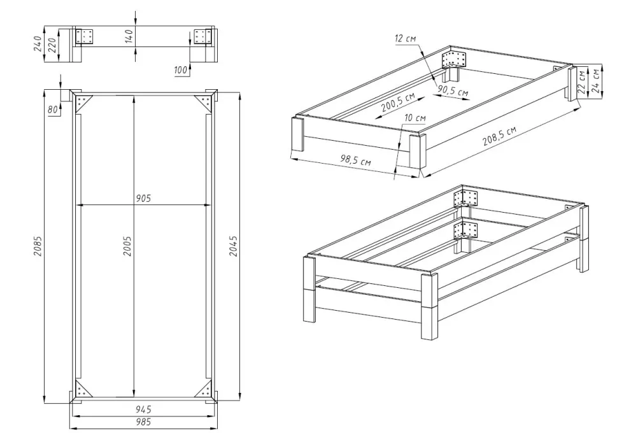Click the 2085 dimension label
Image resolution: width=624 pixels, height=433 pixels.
point(38,246)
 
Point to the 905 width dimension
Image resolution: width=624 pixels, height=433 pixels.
point(143,198)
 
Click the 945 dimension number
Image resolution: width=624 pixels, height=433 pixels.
point(143,409)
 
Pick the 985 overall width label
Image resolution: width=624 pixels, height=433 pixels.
point(143,422)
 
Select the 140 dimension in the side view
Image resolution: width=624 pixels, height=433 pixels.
point(129,37)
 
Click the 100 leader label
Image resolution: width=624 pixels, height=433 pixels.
point(181,70)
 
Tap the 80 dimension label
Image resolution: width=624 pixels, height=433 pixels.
point(53,110)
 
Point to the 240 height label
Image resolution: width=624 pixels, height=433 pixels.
point(38,44)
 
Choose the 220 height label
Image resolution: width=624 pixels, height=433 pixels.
point(52,45)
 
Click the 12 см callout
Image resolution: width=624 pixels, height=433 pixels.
point(406,39)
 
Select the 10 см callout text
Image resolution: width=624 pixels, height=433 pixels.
point(415,118)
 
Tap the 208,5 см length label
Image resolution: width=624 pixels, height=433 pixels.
point(500,136)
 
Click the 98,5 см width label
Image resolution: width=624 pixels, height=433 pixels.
point(355,160)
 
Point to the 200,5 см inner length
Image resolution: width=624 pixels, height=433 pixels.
point(398,102)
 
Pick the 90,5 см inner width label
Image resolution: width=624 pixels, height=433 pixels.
point(453,91)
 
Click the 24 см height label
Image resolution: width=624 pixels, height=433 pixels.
point(595,82)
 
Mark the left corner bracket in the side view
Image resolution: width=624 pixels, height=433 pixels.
point(84,36)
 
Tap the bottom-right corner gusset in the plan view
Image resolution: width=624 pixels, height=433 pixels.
point(204,388)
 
